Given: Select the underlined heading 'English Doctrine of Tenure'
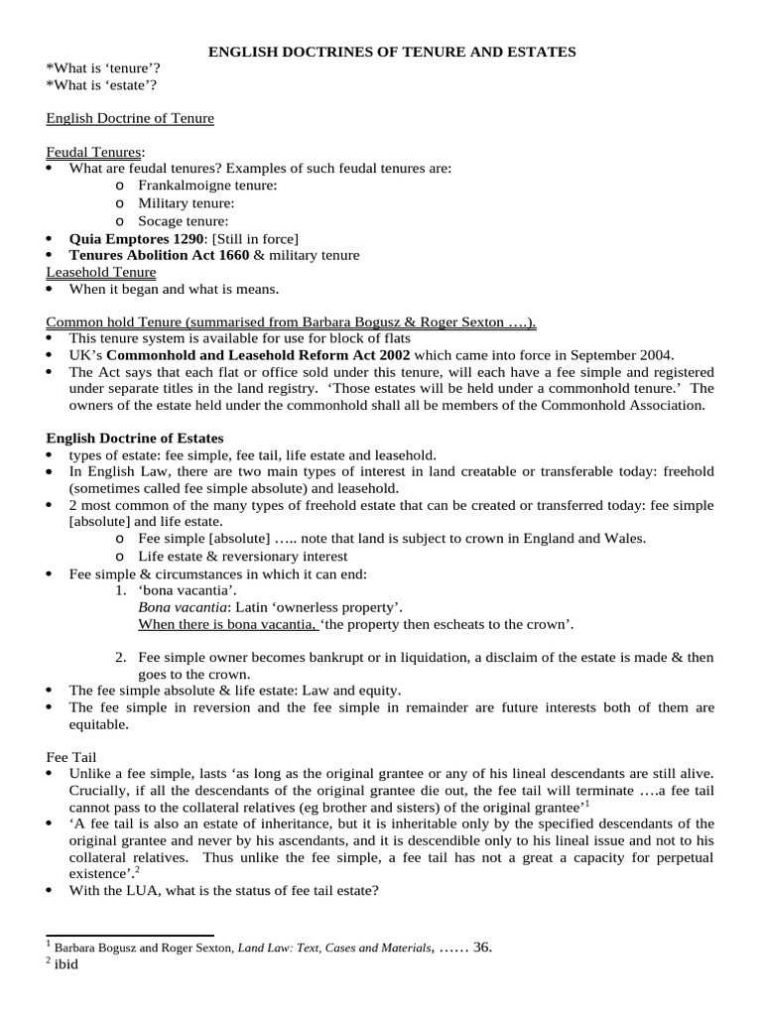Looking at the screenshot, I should click(x=130, y=118).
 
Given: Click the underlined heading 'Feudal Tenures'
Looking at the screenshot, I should click(x=94, y=152).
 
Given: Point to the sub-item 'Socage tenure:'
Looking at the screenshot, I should click(x=183, y=220).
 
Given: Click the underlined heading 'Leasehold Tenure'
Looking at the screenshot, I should click(x=101, y=271).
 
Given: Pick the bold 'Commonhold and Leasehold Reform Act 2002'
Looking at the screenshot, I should click(x=258, y=354).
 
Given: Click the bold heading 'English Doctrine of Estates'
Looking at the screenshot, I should click(x=135, y=438).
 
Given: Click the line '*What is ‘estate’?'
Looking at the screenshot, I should click(x=100, y=84).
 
